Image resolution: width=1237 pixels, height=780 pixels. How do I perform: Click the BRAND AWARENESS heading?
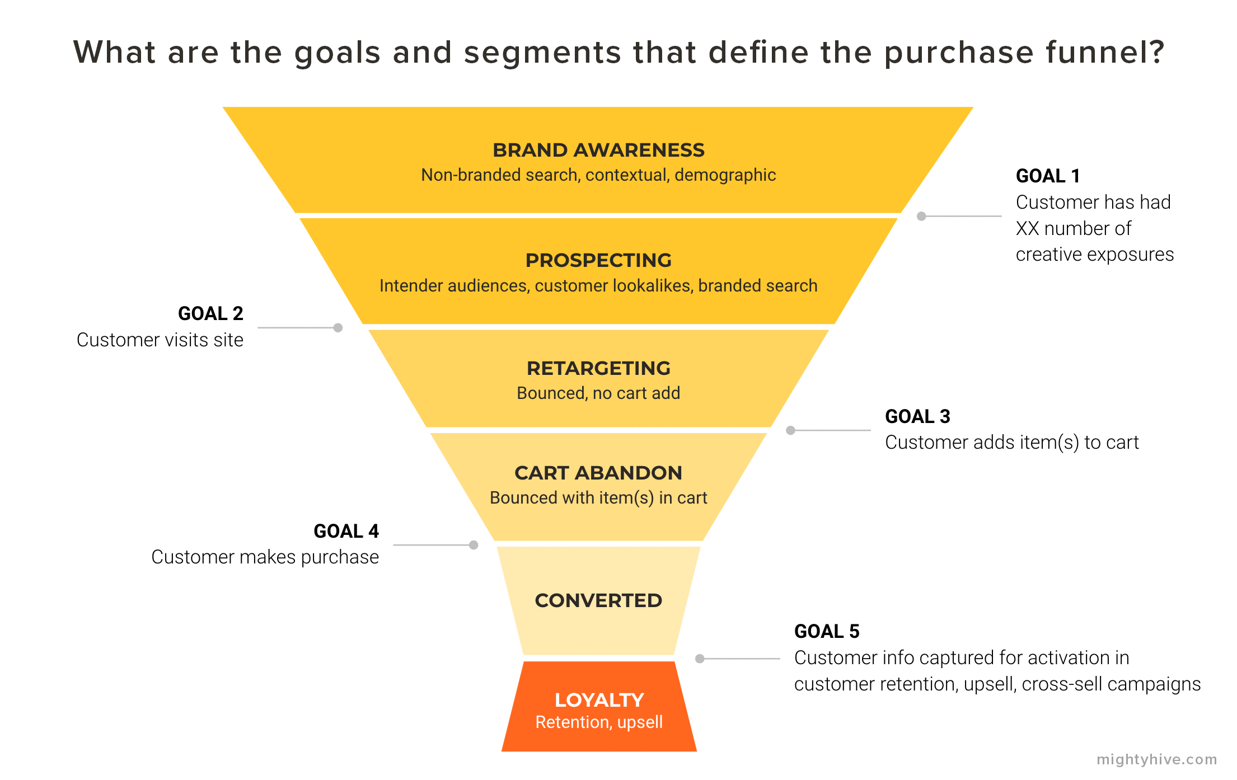click(x=598, y=150)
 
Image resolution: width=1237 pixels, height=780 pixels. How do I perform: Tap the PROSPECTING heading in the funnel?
click(x=598, y=260)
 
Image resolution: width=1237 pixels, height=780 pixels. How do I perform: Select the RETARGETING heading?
click(x=598, y=368)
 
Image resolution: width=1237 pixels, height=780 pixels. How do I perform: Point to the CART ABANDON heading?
click(x=598, y=473)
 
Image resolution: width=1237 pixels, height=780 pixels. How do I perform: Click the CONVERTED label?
click(x=598, y=600)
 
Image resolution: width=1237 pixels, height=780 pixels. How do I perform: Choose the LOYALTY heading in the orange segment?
click(x=599, y=700)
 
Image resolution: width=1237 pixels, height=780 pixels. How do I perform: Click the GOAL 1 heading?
click(x=1048, y=176)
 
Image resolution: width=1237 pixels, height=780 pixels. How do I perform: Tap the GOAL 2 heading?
click(x=210, y=313)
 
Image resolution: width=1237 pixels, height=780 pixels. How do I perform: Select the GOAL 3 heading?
click(x=917, y=416)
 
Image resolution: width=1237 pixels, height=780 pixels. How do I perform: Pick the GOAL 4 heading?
click(x=346, y=531)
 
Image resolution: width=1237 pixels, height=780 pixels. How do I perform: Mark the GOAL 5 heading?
click(x=827, y=631)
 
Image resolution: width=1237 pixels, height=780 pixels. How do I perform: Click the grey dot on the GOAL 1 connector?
click(x=921, y=216)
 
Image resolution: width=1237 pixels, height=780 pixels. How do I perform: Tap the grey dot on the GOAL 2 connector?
click(x=338, y=328)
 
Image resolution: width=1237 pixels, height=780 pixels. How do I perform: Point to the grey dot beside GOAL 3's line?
click(x=790, y=430)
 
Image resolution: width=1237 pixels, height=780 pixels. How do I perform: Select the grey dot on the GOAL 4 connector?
click(x=474, y=545)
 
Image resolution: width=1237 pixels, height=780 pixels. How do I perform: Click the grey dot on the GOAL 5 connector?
click(x=700, y=659)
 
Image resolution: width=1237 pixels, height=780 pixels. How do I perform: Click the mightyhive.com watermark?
click(x=1156, y=759)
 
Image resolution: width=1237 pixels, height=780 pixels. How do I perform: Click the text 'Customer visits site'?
click(x=160, y=340)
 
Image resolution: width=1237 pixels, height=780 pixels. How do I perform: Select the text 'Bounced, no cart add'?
click(x=598, y=393)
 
